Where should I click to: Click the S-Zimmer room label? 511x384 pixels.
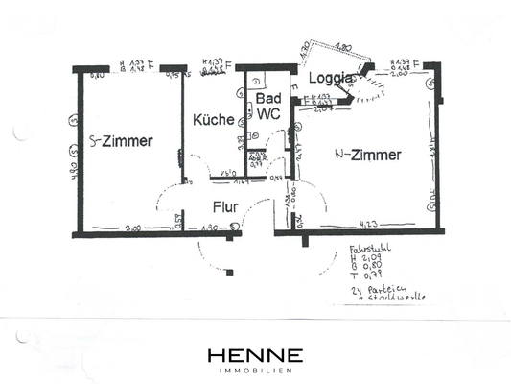point(121,141)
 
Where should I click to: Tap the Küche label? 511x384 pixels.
point(211,122)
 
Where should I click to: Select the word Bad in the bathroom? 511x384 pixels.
point(267,100)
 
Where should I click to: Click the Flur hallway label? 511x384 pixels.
point(225,205)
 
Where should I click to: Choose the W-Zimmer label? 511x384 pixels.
point(367,154)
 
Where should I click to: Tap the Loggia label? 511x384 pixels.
point(332,79)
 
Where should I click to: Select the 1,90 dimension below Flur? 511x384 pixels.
point(210,228)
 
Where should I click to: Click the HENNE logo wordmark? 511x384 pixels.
point(255,355)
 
